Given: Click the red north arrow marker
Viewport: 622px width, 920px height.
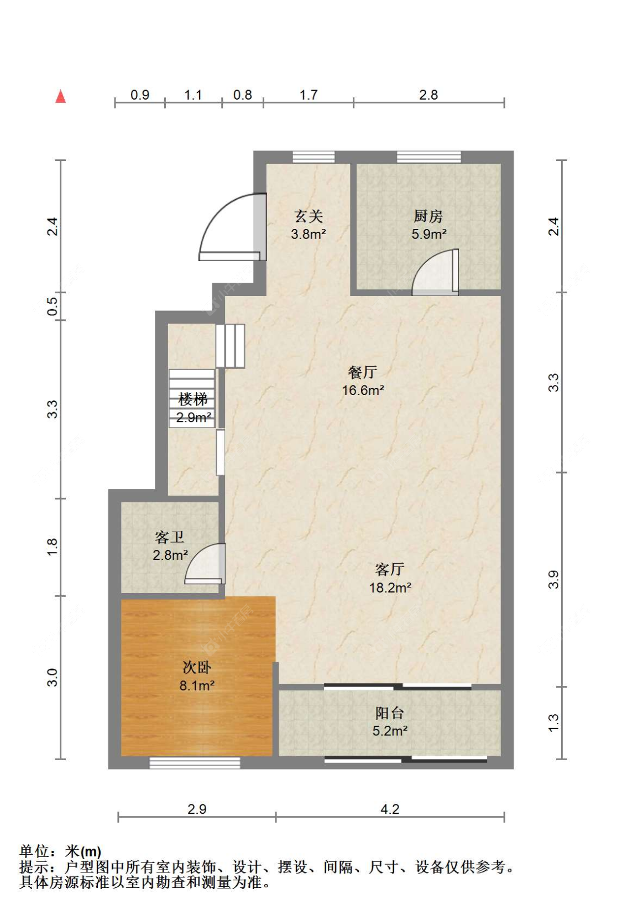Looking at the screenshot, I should point(61,97).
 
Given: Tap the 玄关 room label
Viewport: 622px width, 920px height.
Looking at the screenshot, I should point(308,216).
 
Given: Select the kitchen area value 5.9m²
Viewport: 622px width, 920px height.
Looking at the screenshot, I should point(428,234).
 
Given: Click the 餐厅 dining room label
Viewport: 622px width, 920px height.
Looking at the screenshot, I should point(362,372).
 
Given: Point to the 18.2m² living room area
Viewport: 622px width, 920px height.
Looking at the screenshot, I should point(390,588).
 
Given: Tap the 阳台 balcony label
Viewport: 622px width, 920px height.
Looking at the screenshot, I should point(389,713).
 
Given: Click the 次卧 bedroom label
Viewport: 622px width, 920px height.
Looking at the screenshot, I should point(197,667).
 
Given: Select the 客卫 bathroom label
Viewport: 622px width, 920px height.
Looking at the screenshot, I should point(169,537).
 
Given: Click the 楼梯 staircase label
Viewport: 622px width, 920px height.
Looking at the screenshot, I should point(193,399).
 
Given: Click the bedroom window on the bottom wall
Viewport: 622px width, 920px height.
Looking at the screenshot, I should point(195,763).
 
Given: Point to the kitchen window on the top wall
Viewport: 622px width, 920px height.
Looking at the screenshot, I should point(429,157).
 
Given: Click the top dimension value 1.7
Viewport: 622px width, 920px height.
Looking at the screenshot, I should point(309,95).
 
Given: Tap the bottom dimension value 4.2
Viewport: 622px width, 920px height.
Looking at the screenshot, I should point(390,809).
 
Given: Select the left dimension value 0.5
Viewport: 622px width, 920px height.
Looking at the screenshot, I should point(53,306).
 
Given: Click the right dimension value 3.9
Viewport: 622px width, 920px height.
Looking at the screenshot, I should point(553,579).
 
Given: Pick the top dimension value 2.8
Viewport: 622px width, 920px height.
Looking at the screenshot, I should point(428,95).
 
